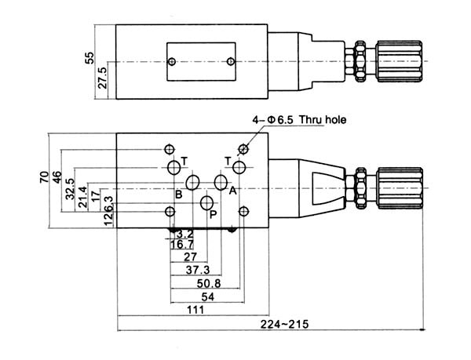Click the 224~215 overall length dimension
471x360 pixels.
coord(284,325)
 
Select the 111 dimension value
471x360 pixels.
coord(195,310)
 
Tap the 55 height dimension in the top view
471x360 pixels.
coord(89,58)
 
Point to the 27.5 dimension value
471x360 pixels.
coord(103,78)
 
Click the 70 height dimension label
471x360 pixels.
coord(44,177)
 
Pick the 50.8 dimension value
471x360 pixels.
coord(209,283)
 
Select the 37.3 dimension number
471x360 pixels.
coord(198,270)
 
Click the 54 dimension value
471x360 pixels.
coord(208,297)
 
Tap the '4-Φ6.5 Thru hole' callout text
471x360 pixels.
coord(299,120)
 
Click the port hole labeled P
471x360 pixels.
coord(207,203)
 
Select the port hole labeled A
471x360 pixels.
coord(221,182)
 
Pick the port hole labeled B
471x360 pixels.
coord(192,182)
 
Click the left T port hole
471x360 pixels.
coord(174,167)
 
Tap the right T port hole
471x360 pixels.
coord(239,167)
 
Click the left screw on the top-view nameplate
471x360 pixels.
coord(172,62)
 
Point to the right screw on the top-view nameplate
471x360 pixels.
coord(231,62)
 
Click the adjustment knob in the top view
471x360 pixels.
coord(400,61)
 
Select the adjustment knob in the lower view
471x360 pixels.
coord(400,188)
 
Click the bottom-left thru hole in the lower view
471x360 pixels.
coord(170,212)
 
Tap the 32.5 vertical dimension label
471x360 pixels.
coord(70,189)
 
